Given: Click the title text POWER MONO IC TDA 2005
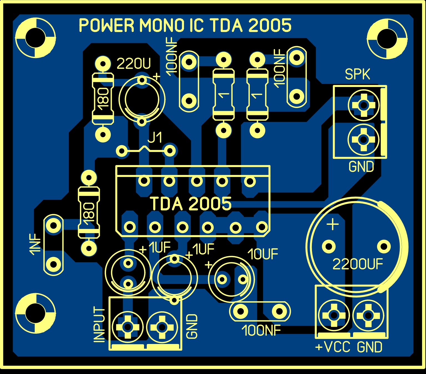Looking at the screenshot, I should tap(185, 26).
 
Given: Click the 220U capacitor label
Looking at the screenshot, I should tap(133, 64).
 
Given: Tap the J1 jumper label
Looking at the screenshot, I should tap(155, 138).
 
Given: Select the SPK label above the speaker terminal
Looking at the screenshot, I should tap(357, 74).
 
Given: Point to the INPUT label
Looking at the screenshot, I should tap(99, 324).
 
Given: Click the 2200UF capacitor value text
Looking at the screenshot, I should tap(358, 264).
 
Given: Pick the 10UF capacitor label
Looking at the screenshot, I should tap(263, 254).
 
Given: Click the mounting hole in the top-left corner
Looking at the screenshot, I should tap(35, 38).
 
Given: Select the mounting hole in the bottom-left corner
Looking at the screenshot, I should tap(35, 313).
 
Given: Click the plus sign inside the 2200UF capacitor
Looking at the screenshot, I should tap(333, 224).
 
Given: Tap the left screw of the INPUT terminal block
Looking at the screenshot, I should tap(128, 327).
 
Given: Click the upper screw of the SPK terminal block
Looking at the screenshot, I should tap(363, 105).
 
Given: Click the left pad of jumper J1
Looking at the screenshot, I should tap(122, 151).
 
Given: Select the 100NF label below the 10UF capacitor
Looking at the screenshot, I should tap(261, 331).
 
